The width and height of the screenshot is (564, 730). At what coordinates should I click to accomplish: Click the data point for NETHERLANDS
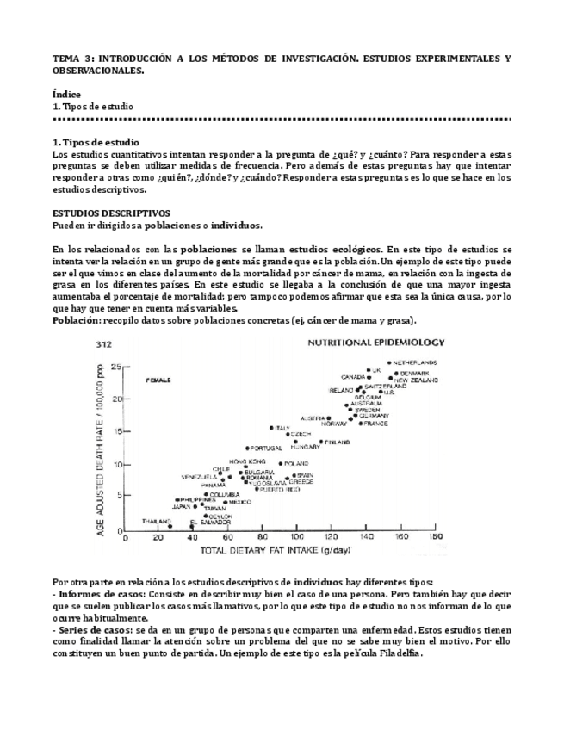389,363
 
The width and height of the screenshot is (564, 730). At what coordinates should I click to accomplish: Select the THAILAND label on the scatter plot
157,521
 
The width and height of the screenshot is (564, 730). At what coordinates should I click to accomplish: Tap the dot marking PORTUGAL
248,449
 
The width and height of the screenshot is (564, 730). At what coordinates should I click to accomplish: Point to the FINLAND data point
321,442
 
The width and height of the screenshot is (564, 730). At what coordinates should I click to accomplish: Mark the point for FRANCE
360,424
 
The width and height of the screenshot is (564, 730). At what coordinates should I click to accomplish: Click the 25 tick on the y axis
115,365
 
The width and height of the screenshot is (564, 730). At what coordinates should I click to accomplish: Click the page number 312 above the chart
105,343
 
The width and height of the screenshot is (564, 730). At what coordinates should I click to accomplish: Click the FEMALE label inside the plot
159,380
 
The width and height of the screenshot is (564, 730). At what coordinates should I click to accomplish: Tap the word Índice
67,94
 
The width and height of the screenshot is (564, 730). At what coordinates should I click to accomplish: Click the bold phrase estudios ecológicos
332,249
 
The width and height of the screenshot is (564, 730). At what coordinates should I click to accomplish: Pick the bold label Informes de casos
101,595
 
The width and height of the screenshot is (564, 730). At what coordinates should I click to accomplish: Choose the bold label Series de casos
94,629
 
